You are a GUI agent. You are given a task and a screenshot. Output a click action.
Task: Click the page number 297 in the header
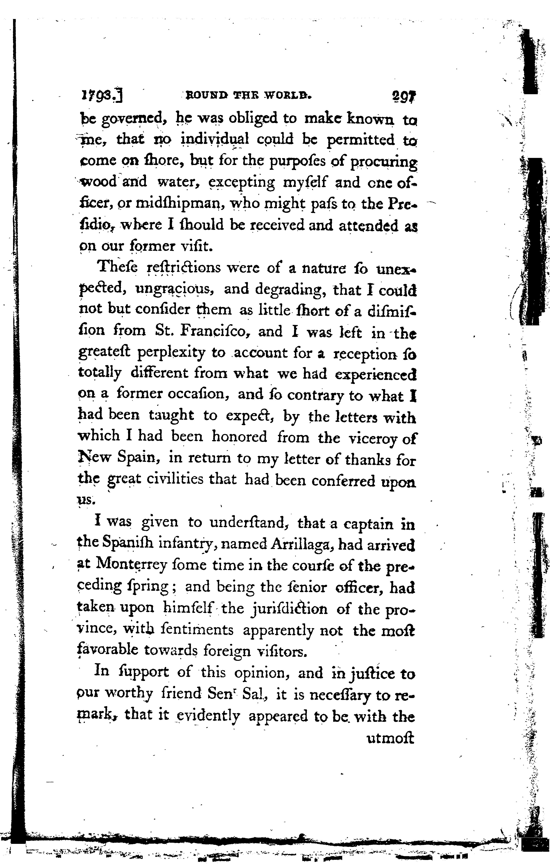[404, 97]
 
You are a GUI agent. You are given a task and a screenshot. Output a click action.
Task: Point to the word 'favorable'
[108, 650]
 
